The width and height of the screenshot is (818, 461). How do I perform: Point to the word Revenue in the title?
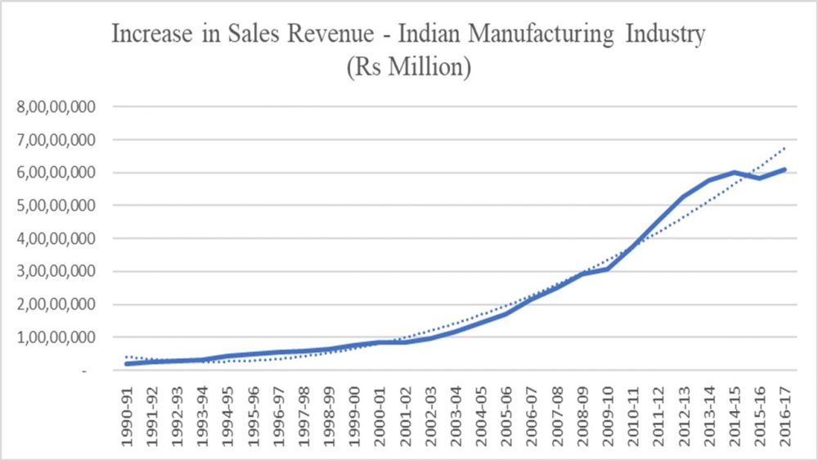click(275, 36)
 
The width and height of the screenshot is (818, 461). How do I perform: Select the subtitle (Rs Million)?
click(408, 67)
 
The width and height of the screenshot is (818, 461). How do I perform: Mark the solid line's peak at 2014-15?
click(735, 172)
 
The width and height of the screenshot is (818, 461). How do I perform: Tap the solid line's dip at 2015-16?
click(761, 178)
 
